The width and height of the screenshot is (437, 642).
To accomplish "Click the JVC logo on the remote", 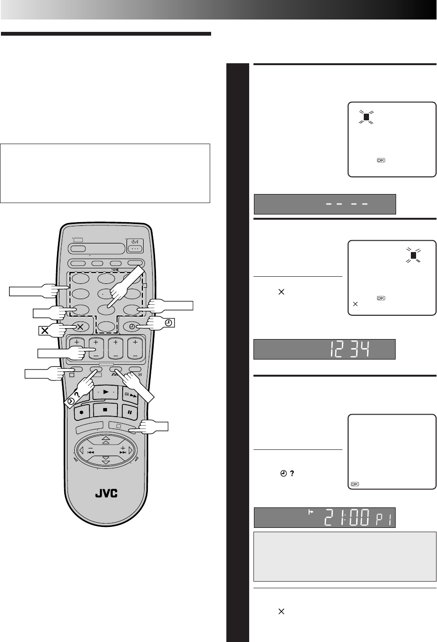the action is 107,493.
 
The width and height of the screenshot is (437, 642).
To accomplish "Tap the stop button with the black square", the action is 105,410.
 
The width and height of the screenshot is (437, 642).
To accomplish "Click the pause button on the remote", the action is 129,412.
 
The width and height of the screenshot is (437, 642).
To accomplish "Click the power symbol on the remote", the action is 135,242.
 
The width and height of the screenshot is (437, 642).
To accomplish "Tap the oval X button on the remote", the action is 80,327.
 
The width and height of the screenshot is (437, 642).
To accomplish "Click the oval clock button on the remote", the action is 132,327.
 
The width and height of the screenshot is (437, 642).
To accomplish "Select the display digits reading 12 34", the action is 350,349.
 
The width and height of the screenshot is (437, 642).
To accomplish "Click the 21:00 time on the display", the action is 347,517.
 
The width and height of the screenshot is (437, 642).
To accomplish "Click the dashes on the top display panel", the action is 347,204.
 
